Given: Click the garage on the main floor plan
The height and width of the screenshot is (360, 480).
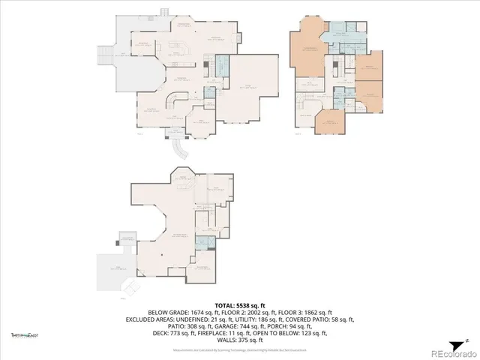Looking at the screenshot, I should [250, 86].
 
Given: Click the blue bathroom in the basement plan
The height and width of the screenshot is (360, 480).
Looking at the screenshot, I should [200, 242].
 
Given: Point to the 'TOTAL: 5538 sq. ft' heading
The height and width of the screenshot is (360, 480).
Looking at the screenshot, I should [241, 306].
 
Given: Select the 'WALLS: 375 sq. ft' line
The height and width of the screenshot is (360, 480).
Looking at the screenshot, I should [241, 338].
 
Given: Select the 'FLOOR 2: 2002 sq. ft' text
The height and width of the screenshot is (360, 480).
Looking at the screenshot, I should [241, 312].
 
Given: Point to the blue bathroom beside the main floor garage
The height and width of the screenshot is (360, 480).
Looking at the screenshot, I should [222, 64].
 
